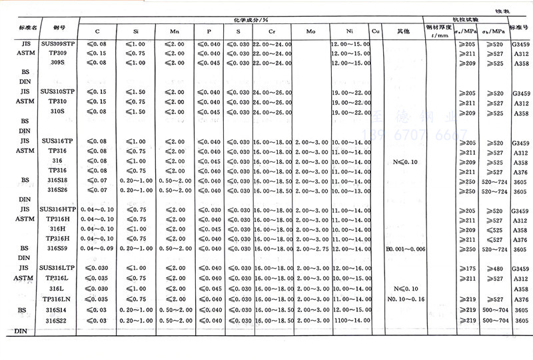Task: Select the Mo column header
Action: [310, 31]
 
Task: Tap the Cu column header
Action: [376, 31]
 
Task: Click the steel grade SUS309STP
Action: [58, 43]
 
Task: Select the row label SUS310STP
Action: [58, 91]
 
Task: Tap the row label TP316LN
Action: [58, 299]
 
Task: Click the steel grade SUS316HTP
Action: [58, 209]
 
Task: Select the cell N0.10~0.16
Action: [404, 299]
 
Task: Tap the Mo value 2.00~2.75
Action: [310, 248]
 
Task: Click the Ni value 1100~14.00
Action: [350, 321]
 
